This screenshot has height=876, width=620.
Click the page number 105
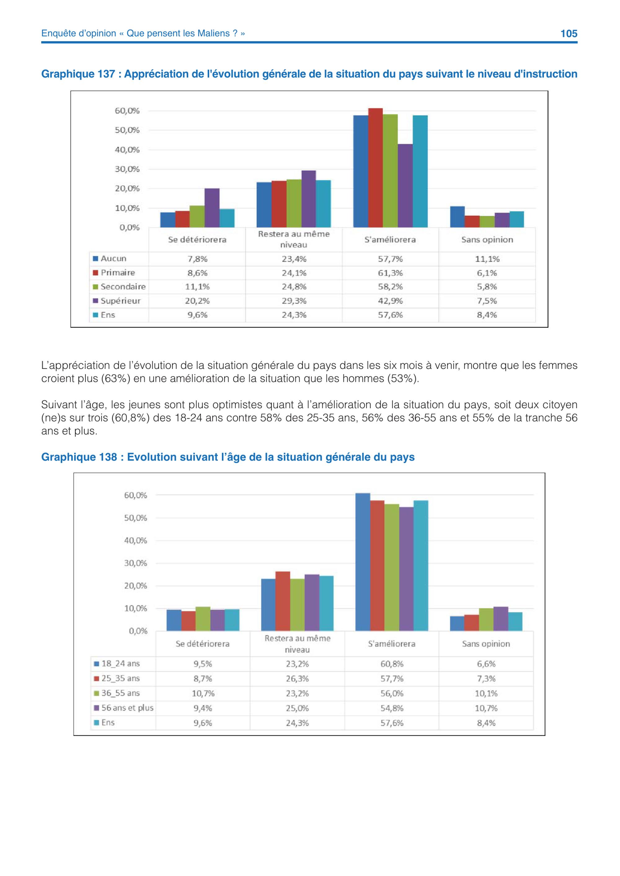tap(569, 33)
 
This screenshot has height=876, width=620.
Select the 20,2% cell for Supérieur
tap(197, 301)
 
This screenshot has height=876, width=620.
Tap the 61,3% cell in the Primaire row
tap(390, 273)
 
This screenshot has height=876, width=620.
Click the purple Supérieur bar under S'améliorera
tap(405, 186)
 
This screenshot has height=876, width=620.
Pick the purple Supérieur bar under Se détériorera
tap(212, 208)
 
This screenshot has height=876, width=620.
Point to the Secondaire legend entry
tap(119, 287)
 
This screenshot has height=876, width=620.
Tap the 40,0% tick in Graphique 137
tap(127, 150)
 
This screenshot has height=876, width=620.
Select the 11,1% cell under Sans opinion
tap(487, 259)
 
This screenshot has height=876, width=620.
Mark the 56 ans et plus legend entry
tap(124, 708)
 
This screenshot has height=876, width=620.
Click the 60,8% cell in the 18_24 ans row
tap(392, 664)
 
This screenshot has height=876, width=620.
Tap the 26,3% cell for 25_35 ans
tap(297, 678)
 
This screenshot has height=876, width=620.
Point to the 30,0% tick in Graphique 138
tap(135, 563)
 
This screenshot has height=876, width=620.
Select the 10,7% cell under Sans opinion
tap(486, 708)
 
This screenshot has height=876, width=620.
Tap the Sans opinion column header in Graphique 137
tap(487, 240)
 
